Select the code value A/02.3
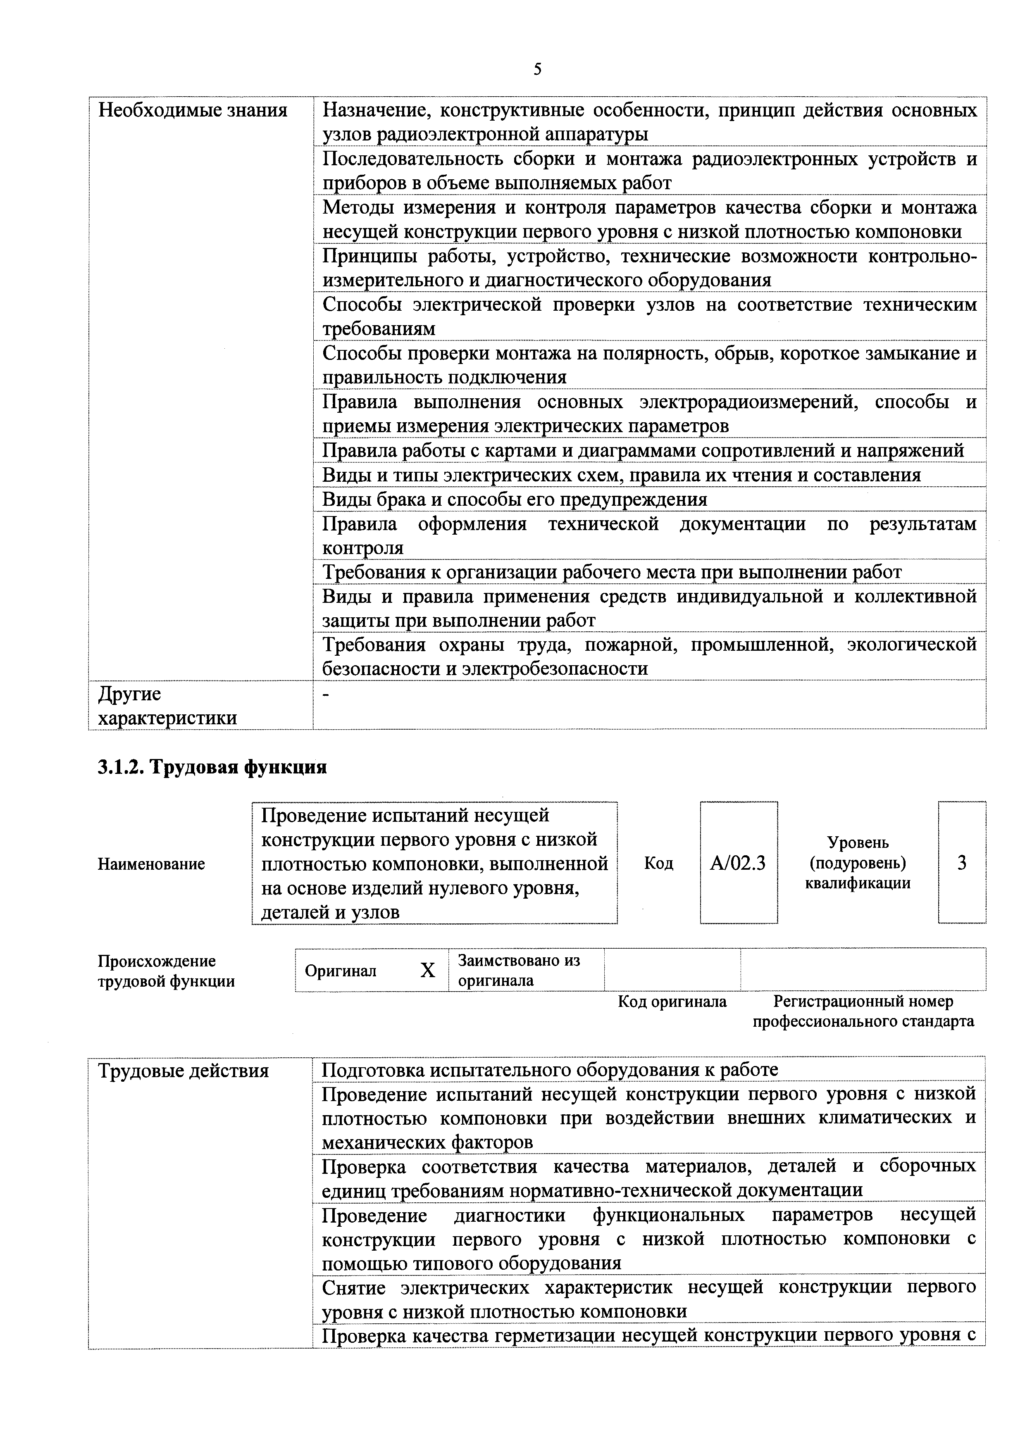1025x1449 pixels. click(738, 863)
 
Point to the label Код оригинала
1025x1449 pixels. click(672, 1002)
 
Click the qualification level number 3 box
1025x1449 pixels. click(961, 863)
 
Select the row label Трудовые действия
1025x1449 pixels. click(184, 1071)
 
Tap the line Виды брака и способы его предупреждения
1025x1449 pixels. click(515, 499)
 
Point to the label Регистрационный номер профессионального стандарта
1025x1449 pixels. click(863, 1011)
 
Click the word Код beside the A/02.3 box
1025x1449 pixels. click(658, 863)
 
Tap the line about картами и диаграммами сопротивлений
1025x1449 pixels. click(643, 451)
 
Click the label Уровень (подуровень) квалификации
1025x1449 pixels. click(857, 863)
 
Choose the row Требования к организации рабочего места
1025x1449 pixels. click(612, 572)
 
